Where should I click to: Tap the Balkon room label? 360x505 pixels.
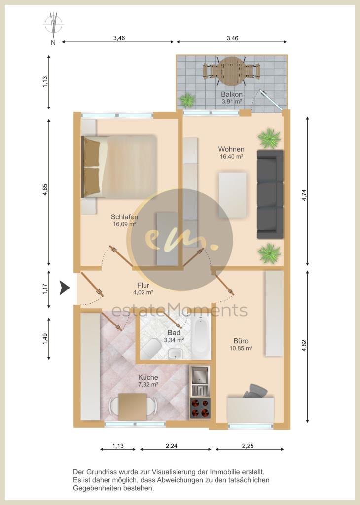pyautogui.click(x=231, y=94)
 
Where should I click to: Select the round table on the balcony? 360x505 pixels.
pyautogui.click(x=231, y=71)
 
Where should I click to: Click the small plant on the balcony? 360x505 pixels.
pyautogui.click(x=187, y=100)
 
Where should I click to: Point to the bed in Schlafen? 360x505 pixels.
pyautogui.click(x=119, y=166)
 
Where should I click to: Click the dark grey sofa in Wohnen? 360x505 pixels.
pyautogui.click(x=270, y=194)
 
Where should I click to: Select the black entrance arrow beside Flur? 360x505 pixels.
pyautogui.click(x=65, y=288)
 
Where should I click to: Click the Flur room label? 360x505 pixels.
pyautogui.click(x=143, y=285)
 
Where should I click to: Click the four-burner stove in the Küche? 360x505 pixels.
pyautogui.click(x=200, y=408)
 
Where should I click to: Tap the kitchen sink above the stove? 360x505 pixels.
pyautogui.click(x=200, y=381)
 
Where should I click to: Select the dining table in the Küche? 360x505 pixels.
pyautogui.click(x=133, y=407)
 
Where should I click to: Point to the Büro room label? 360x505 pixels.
pyautogui.click(x=241, y=341)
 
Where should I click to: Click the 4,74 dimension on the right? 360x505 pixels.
pyautogui.click(x=304, y=195)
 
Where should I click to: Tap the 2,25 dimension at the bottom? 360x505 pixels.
pyautogui.click(x=248, y=446)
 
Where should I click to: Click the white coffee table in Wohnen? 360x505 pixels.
pyautogui.click(x=232, y=195)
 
